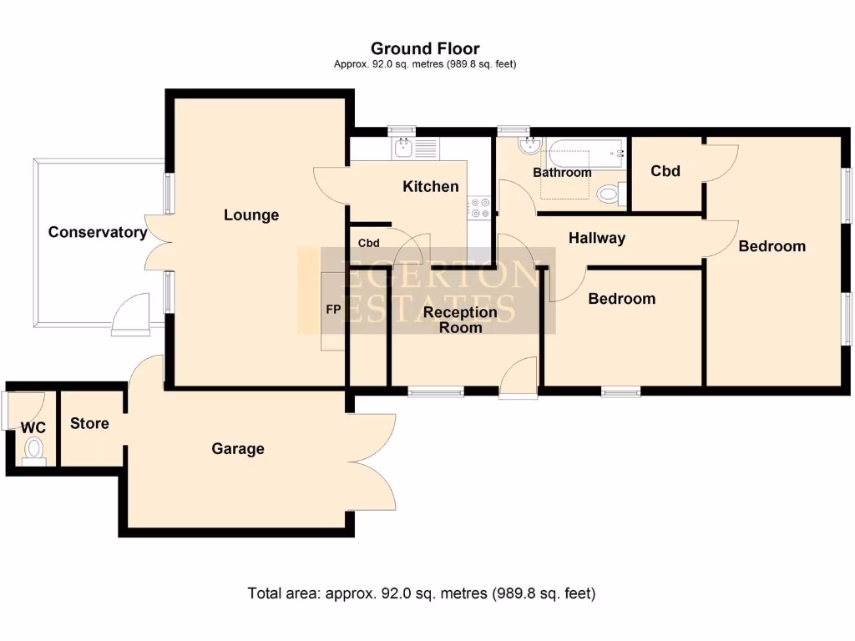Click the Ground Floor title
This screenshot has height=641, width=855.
425,48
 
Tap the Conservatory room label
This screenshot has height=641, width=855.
97,232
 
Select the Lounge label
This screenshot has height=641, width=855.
251,215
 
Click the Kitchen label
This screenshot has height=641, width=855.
431,186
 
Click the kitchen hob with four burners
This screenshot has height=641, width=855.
479,208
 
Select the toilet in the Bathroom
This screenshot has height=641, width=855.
612,194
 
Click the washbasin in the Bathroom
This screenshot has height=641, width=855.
529,148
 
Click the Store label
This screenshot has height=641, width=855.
89,423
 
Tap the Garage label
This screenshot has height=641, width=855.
238,449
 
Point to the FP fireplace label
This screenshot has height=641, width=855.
333,310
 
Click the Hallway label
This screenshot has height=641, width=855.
597,238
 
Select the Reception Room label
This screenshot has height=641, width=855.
461,320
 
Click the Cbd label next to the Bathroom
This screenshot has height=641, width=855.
665,171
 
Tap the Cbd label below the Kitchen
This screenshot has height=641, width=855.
369,243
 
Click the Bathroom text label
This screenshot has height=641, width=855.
563,173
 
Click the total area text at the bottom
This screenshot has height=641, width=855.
422,593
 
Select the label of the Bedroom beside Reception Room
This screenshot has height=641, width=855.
622,299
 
